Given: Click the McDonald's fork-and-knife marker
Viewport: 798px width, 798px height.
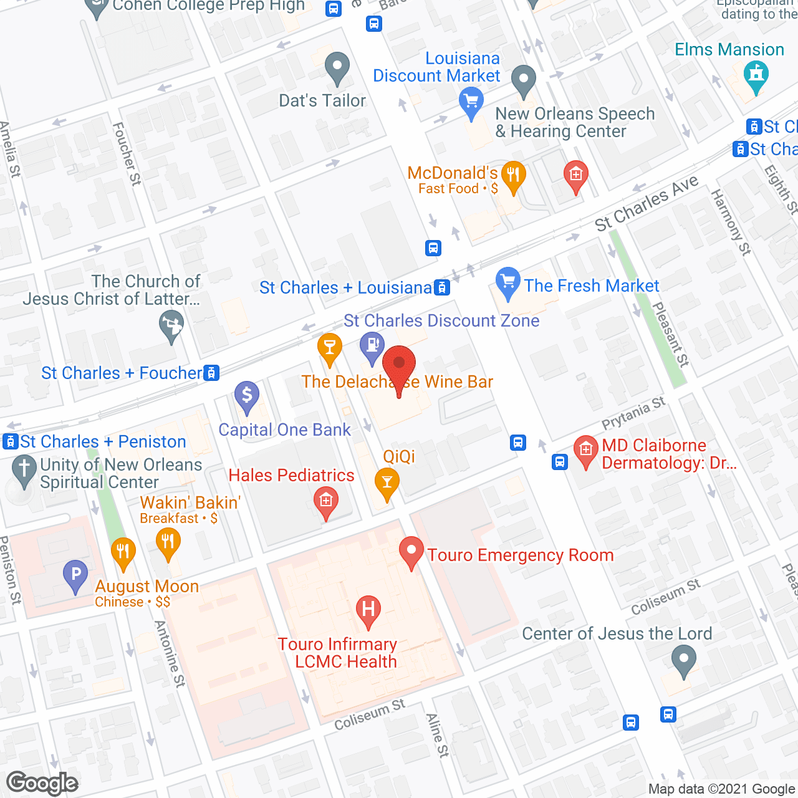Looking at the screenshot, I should pyautogui.click(x=512, y=176).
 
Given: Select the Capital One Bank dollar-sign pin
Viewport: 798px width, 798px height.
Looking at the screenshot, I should pyautogui.click(x=247, y=395).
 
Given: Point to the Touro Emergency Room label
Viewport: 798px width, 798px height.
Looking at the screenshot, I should pyautogui.click(x=520, y=555).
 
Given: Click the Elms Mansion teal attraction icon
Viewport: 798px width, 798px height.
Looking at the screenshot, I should pyautogui.click(x=756, y=75).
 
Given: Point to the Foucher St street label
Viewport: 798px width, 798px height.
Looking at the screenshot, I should pyautogui.click(x=127, y=153).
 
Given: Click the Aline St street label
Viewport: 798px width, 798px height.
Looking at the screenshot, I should pyautogui.click(x=437, y=736).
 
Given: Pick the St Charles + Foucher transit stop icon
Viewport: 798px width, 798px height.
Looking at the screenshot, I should pyautogui.click(x=212, y=373).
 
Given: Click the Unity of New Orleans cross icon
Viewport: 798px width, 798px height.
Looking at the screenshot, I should pyautogui.click(x=24, y=471).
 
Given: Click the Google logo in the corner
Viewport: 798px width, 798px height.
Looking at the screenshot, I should pyautogui.click(x=42, y=783).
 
